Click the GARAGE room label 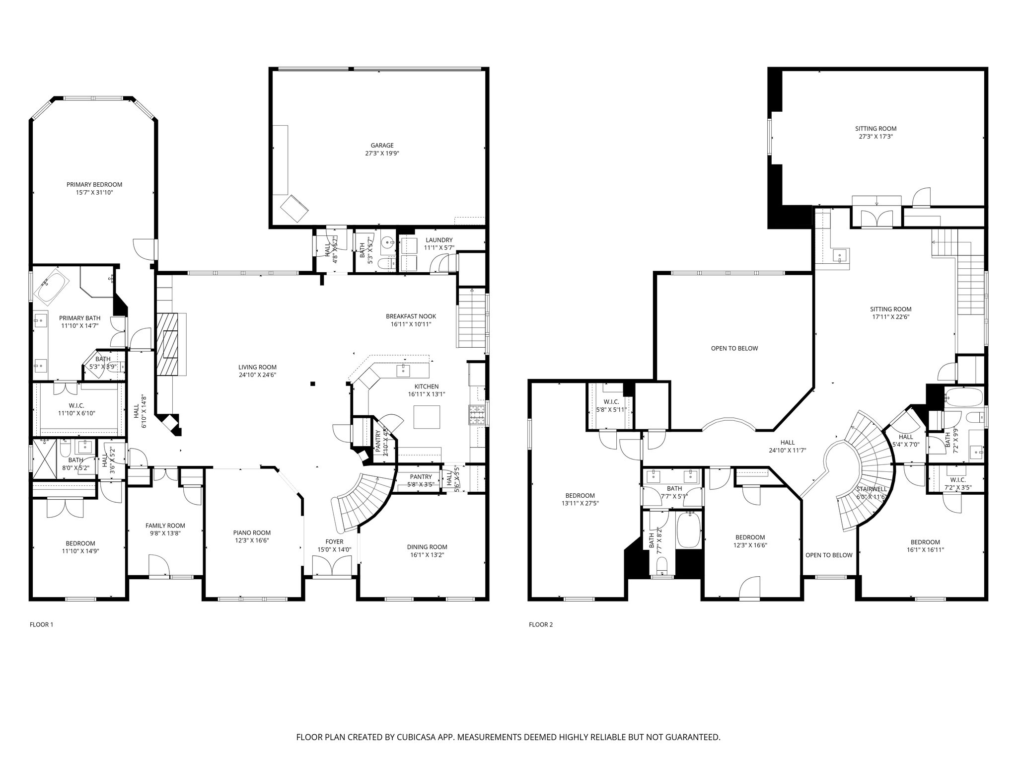(x=382, y=146)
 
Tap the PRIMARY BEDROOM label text (x=94, y=185)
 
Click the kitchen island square (x=427, y=417)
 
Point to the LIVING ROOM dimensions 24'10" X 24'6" (x=257, y=375)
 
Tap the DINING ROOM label (x=427, y=547)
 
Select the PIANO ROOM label (x=252, y=533)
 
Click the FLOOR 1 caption (x=42, y=625)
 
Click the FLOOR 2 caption (x=541, y=625)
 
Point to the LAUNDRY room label (x=439, y=240)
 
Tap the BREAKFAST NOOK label (x=411, y=316)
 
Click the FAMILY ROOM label (x=165, y=526)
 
